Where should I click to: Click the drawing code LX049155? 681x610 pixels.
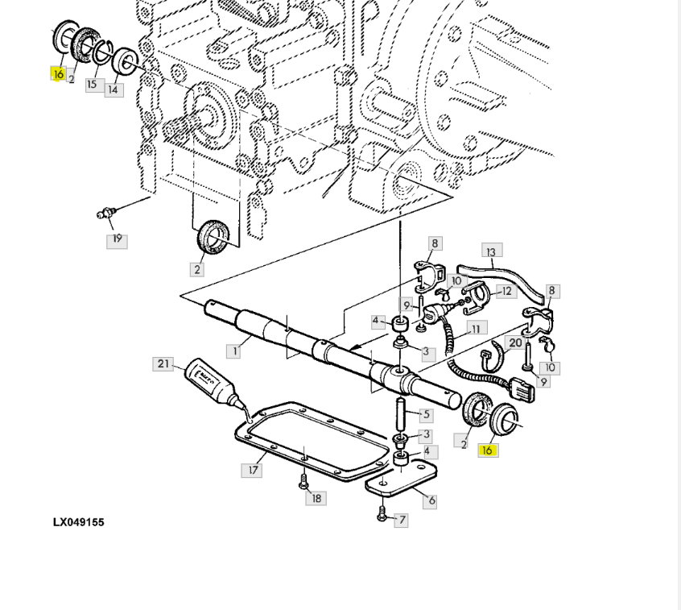click(x=79, y=522)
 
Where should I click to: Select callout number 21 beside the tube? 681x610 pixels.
click(x=163, y=364)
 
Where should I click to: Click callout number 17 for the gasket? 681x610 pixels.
click(x=253, y=470)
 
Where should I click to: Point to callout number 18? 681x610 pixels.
click(x=316, y=498)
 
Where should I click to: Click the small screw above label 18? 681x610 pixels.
click(x=303, y=482)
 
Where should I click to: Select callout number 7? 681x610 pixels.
click(x=402, y=520)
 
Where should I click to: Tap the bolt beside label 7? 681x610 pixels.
click(x=382, y=514)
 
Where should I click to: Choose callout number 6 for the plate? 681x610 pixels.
click(x=431, y=501)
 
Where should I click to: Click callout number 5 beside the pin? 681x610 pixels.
click(x=426, y=415)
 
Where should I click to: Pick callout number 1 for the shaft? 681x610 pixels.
click(x=234, y=351)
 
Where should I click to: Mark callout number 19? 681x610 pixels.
click(x=118, y=239)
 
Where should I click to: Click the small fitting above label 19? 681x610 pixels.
click(x=106, y=213)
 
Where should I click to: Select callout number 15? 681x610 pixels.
click(x=92, y=85)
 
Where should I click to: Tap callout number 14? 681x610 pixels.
click(x=113, y=90)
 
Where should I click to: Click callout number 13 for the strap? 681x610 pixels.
click(x=491, y=252)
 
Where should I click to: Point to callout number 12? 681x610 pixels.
click(x=506, y=292)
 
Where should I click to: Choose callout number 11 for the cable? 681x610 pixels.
click(x=476, y=329)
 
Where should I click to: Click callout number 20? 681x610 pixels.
click(x=515, y=343)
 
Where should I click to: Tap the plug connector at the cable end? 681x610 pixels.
click(x=523, y=390)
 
